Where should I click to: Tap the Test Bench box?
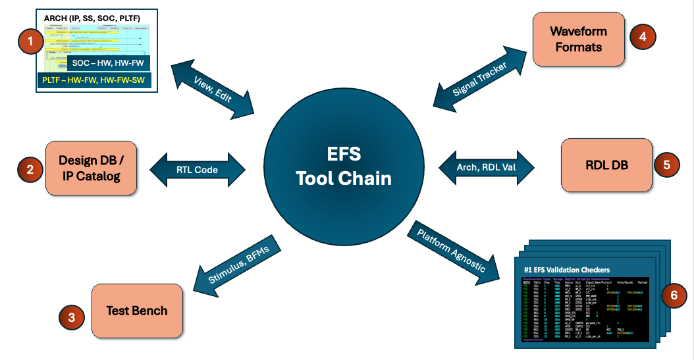[137, 311]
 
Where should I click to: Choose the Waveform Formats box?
[579, 39]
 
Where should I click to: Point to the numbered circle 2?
[30, 170]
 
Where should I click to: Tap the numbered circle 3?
[71, 317]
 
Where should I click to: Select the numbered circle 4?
[643, 36]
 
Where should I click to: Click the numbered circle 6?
[673, 296]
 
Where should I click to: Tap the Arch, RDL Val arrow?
[487, 165]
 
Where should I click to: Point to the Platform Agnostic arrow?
[453, 252]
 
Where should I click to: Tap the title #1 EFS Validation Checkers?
[567, 269]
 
